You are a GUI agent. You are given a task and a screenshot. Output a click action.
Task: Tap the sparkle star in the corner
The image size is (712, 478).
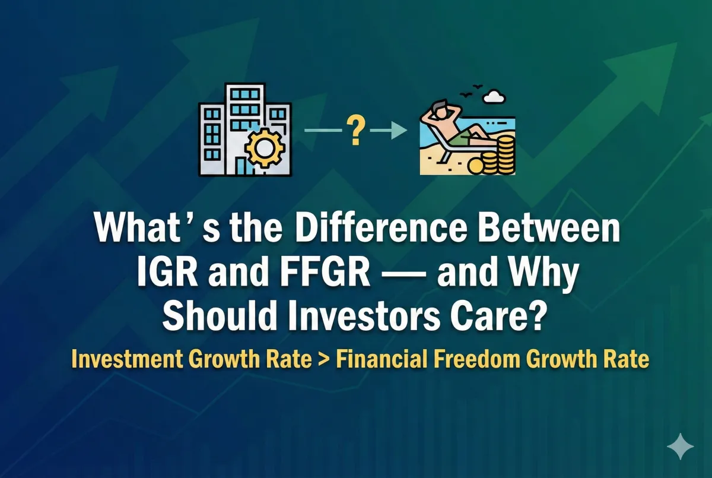click(x=679, y=447)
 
